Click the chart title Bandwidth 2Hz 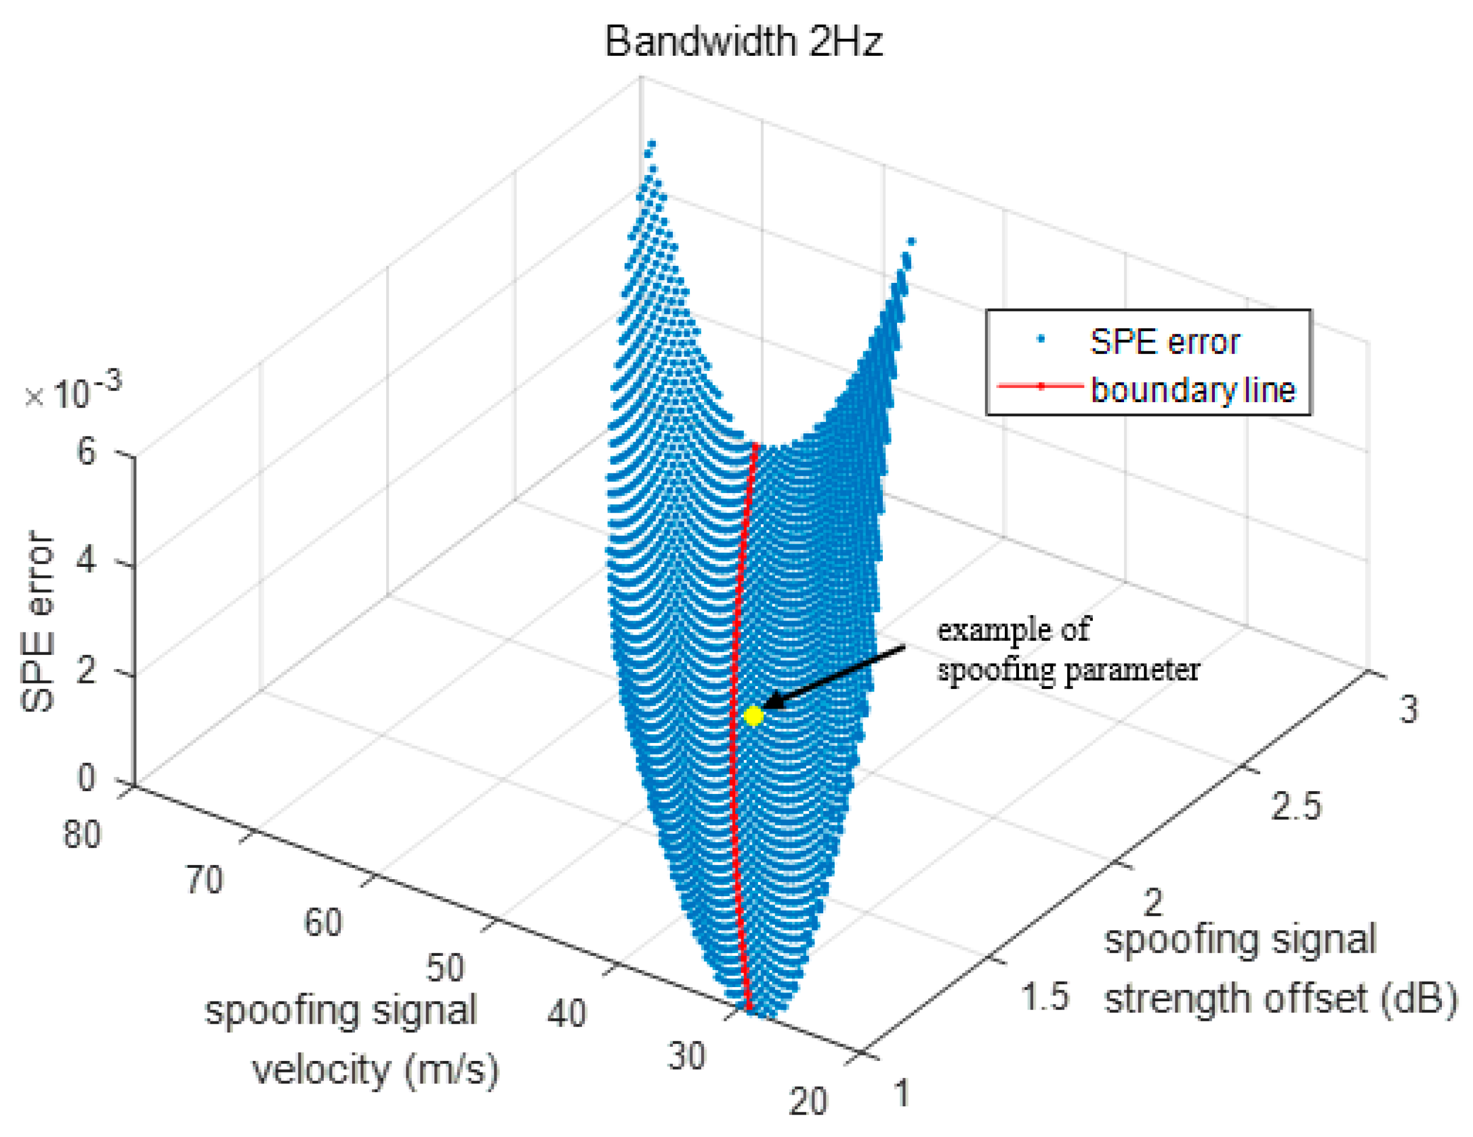click(743, 42)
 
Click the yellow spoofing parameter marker click(753, 716)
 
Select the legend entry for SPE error click(1163, 342)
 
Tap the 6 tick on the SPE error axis click(86, 451)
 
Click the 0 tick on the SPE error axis click(86, 778)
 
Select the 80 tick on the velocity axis click(81, 835)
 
